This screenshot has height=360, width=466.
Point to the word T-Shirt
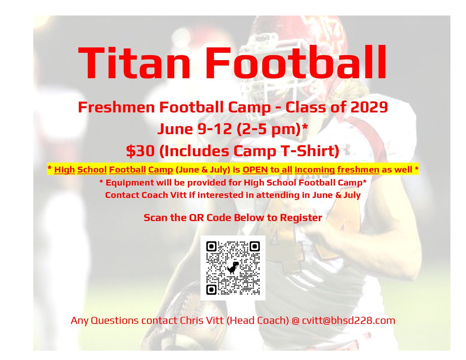tap(306, 151)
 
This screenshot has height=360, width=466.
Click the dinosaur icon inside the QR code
tap(233, 268)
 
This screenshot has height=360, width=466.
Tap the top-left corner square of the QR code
tap(211, 246)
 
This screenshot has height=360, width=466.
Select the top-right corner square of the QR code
tap(254, 246)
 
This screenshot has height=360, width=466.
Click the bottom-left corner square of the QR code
tap(211, 289)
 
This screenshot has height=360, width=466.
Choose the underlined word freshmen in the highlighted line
tap(391, 170)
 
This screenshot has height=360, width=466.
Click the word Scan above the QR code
tap(154, 217)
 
